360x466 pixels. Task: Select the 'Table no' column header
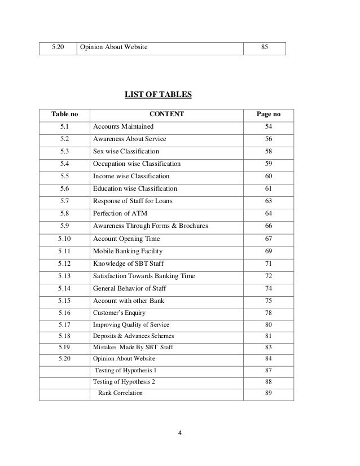click(x=64, y=115)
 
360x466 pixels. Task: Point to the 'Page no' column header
click(x=268, y=115)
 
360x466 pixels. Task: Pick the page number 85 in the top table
click(x=264, y=47)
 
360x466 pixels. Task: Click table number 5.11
click(x=64, y=250)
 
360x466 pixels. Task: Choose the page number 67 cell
click(x=268, y=238)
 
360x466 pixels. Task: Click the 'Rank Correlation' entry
click(x=121, y=393)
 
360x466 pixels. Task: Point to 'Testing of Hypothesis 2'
click(x=124, y=381)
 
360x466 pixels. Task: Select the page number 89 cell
click(x=268, y=393)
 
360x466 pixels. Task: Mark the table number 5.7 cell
click(x=64, y=201)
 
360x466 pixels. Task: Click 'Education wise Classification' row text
click(x=135, y=188)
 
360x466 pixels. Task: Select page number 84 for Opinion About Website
click(x=268, y=358)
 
